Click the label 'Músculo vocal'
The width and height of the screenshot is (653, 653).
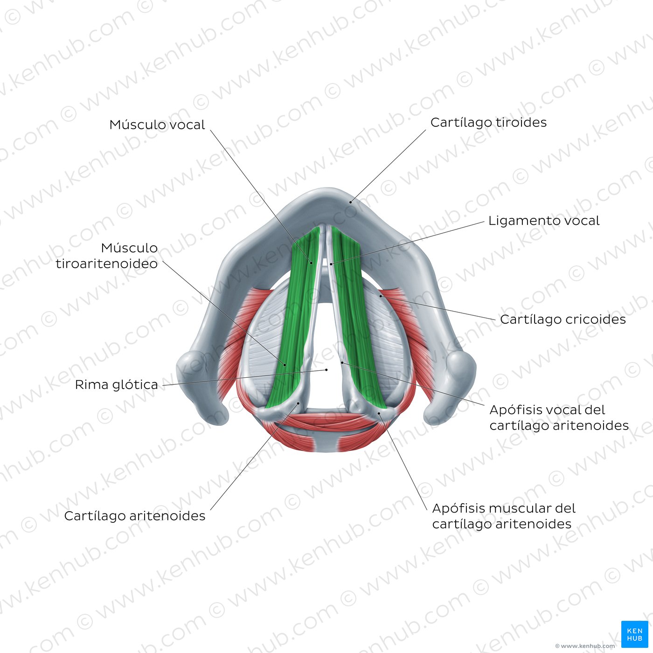pyautogui.click(x=157, y=125)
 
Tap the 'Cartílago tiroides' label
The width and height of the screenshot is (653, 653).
pyautogui.click(x=488, y=123)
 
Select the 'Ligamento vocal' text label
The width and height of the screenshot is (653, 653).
pyautogui.click(x=544, y=221)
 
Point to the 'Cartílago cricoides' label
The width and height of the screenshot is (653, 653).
pyautogui.click(x=563, y=320)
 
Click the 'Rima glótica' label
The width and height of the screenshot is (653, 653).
pyautogui.click(x=117, y=385)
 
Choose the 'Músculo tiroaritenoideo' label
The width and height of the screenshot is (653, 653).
pyautogui.click(x=107, y=256)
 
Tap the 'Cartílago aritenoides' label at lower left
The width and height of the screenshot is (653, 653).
pyautogui.click(x=135, y=516)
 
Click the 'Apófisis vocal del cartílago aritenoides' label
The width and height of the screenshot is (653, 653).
pyautogui.click(x=559, y=417)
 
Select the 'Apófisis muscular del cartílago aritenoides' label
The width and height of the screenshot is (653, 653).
pyautogui.click(x=504, y=516)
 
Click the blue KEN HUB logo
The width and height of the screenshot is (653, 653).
pyautogui.click(x=634, y=634)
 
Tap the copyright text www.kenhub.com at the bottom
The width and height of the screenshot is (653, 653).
pyautogui.click(x=585, y=646)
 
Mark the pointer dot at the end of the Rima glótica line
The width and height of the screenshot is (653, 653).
pyautogui.click(x=326, y=370)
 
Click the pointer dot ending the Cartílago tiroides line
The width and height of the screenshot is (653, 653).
pyautogui.click(x=352, y=201)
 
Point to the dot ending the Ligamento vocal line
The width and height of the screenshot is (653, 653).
pyautogui.click(x=331, y=264)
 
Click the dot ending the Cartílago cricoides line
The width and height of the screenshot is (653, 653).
pyautogui.click(x=381, y=296)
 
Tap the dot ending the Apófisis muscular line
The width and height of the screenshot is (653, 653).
pyautogui.click(x=379, y=413)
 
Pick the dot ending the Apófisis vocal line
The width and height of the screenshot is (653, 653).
pyautogui.click(x=342, y=362)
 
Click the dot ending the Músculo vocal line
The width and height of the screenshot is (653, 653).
pyautogui.click(x=312, y=263)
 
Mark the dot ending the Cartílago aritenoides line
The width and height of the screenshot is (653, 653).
pyautogui.click(x=298, y=404)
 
